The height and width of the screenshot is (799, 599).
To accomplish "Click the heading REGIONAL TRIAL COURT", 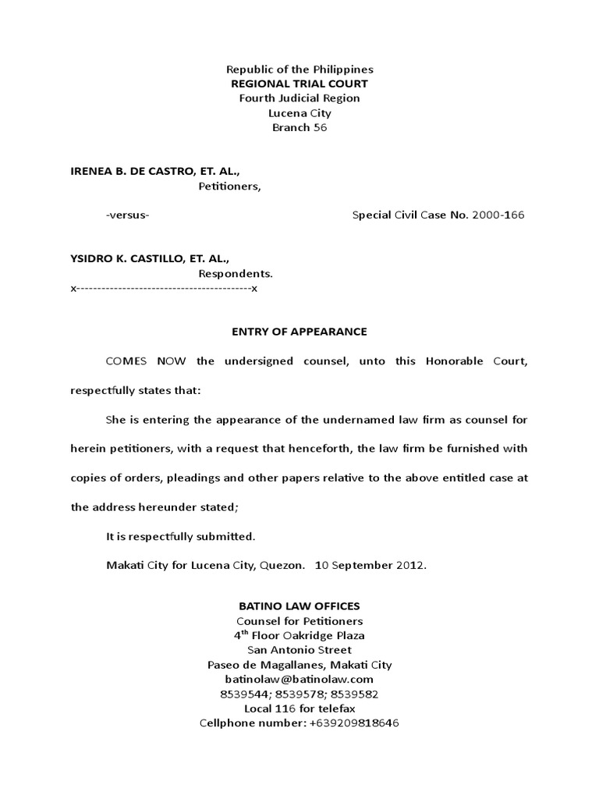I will point(299,83).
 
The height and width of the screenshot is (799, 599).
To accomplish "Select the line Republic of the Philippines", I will point(299,69).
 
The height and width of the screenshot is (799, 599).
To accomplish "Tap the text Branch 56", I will point(299,127).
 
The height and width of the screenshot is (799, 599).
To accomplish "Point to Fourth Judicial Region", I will point(299,98).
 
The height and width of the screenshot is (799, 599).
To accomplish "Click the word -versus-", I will point(128,215).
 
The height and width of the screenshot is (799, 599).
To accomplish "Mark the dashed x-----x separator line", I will point(164,289).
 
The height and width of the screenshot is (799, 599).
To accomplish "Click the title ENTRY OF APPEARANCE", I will point(299,332).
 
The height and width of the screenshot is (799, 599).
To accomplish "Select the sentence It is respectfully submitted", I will point(180,536).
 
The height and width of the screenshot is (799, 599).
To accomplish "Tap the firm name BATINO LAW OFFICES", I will point(299,606).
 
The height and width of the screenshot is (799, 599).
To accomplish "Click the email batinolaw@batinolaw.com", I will point(299,679).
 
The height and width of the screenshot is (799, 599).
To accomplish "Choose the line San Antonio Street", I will point(299,650).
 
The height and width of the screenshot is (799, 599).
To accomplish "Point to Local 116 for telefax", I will point(299,708).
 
